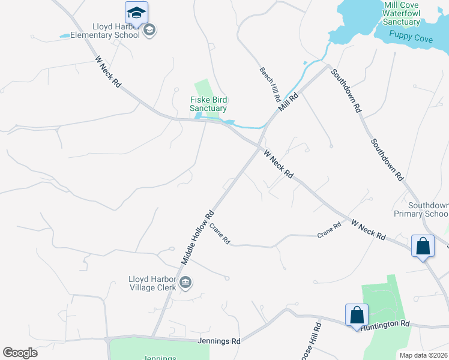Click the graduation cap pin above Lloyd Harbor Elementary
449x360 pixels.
[136, 13]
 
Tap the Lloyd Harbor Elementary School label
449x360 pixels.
[105, 31]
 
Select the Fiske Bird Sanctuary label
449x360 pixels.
[208, 104]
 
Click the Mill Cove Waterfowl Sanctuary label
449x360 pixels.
[402, 13]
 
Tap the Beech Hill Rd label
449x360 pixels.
[270, 83]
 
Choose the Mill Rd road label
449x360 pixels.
[288, 102]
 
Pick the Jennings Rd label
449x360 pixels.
[218, 341]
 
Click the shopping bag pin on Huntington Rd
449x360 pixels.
[357, 315]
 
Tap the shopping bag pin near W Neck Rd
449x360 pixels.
[423, 246]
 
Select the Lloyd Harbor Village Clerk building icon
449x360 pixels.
[185, 282]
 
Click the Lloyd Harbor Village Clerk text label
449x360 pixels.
[152, 283]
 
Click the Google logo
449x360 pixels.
[20, 353]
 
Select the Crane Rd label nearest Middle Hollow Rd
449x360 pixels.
[220, 233]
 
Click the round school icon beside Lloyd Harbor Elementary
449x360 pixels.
[149, 30]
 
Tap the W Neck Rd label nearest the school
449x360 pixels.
[108, 72]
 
